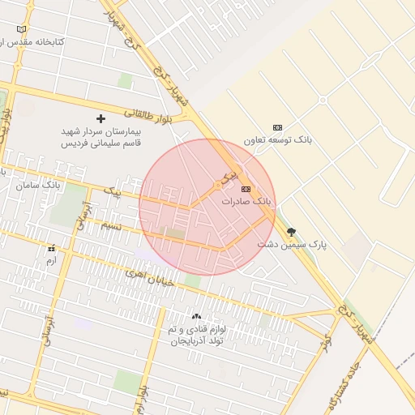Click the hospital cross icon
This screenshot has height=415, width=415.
coord(101,118)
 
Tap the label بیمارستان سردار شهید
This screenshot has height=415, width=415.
coord(101,130)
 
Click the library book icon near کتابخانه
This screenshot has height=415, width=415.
coord(22,29)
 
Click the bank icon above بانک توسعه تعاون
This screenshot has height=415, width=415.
coord(278,127)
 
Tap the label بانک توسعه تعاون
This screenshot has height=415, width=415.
coord(281,140)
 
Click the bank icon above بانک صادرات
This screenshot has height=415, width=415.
coord(246,188)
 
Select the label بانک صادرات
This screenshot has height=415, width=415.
coord(248,200)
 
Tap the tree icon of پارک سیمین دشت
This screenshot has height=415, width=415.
coord(292,232)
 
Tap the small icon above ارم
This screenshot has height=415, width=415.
coord(51,248)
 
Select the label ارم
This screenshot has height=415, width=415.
coord(51,260)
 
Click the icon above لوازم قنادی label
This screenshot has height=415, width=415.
coord(195,315)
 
